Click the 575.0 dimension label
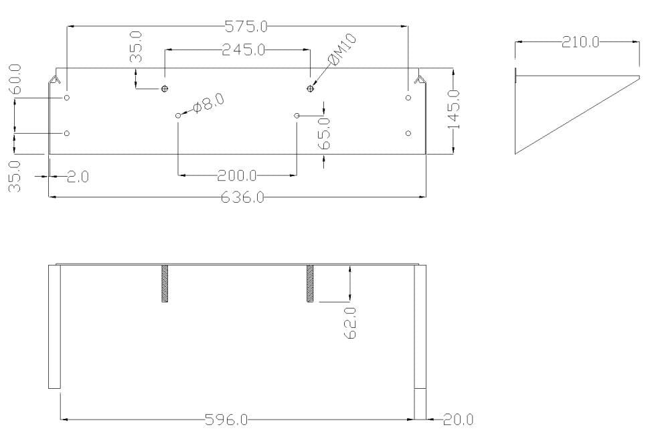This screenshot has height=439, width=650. click(246, 26)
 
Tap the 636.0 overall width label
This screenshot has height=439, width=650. click(243, 197)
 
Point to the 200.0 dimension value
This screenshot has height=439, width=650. click(237, 176)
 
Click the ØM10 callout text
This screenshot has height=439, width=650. click(343, 50)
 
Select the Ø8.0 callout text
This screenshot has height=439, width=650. click(208, 103)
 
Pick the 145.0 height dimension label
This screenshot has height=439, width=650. click(455, 109)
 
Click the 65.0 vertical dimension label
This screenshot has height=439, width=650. click(325, 133)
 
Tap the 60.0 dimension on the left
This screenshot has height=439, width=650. click(15, 80)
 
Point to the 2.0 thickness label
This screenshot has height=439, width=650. click(78, 177)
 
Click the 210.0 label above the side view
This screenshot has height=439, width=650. click(580, 42)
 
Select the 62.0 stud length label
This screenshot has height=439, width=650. click(350, 323)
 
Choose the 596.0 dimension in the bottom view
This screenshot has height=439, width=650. click(226, 420)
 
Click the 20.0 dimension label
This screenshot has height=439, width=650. click(458, 420)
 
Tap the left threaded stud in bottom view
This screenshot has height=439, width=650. click(165, 284)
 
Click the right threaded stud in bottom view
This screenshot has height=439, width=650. click(310, 284)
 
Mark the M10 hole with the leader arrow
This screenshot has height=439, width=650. click(310, 88)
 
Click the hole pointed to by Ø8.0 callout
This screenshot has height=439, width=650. click(178, 116)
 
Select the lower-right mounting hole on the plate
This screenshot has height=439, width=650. click(408, 133)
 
